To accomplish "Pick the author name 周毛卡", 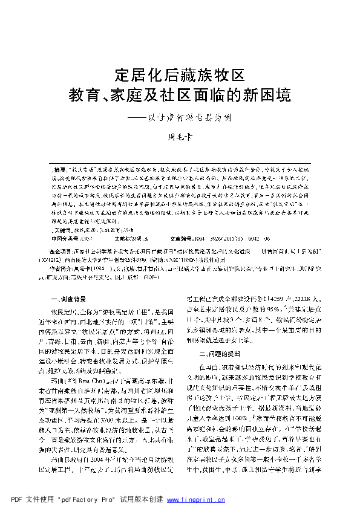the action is (180, 138).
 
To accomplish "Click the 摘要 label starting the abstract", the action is (60, 163).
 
